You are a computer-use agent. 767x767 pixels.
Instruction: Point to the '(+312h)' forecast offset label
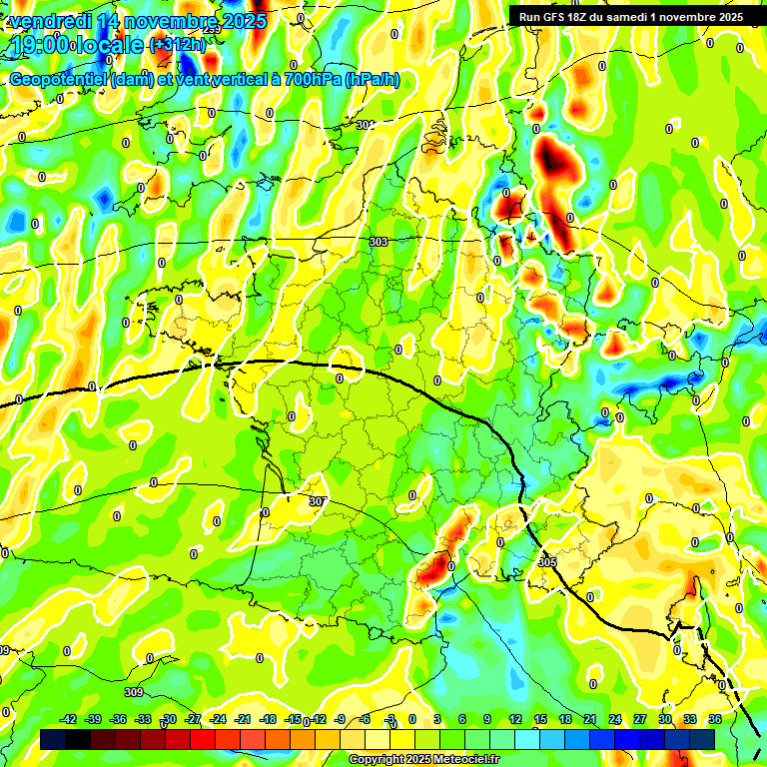(x=177, y=44)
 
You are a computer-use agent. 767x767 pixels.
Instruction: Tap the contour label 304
(x=365, y=125)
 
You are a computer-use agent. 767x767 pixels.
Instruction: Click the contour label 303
(x=378, y=242)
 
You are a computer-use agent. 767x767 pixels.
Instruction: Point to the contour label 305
(x=546, y=562)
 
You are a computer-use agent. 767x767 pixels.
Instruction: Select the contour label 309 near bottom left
(x=134, y=692)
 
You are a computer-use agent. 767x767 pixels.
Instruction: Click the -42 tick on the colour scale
(x=68, y=719)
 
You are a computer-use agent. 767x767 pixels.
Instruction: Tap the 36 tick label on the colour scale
(x=715, y=719)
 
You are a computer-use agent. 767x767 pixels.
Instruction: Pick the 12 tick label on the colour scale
(x=515, y=719)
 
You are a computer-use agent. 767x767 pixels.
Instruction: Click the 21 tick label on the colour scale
(x=590, y=719)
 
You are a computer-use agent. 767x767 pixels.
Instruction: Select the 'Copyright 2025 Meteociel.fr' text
(x=423, y=759)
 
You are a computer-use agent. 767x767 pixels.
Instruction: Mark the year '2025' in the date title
(x=244, y=21)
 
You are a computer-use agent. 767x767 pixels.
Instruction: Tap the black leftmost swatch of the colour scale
(x=54, y=739)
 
